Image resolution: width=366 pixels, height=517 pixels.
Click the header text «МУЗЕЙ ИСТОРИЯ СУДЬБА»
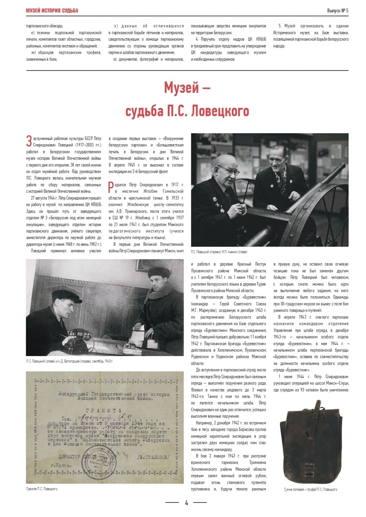tap(52, 11)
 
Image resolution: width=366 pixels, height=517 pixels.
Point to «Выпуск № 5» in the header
tap(337, 11)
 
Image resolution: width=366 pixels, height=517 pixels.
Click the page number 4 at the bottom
tap(186, 503)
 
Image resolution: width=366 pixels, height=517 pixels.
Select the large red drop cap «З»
tap(29, 142)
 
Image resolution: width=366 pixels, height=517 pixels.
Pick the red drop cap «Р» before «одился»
tap(111, 187)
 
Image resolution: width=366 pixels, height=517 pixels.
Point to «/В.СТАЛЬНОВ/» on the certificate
tap(153, 457)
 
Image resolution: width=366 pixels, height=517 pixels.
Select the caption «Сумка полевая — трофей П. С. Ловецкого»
tap(310, 490)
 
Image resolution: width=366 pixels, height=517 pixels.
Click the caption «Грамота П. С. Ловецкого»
tap(42, 489)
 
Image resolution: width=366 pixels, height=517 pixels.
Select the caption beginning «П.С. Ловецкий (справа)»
tap(219, 252)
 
